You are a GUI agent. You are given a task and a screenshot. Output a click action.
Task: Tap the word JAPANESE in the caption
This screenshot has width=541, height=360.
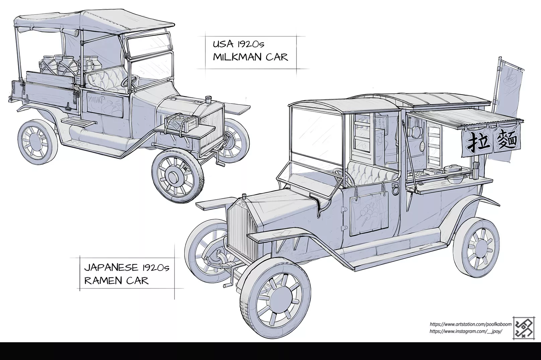pyautogui.click(x=111, y=268)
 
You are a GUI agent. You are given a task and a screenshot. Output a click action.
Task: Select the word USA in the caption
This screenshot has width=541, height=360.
pyautogui.click(x=223, y=45)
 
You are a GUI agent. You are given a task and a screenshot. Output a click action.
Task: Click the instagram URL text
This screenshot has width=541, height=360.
pyautogui.click(x=465, y=331)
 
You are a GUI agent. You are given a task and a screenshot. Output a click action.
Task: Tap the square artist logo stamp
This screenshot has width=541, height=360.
pyautogui.click(x=523, y=328)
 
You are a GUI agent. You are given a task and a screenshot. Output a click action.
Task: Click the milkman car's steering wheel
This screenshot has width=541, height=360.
pyautogui.click(x=131, y=81)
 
